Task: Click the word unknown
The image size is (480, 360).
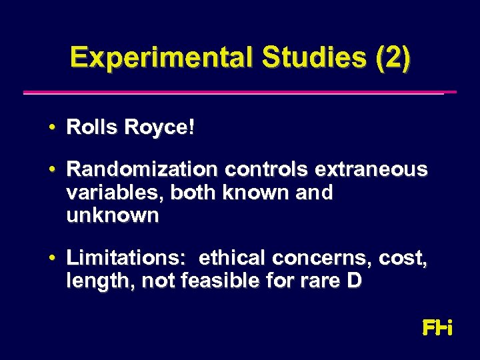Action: click(113, 215)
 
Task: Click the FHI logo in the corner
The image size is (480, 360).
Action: click(437, 327)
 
